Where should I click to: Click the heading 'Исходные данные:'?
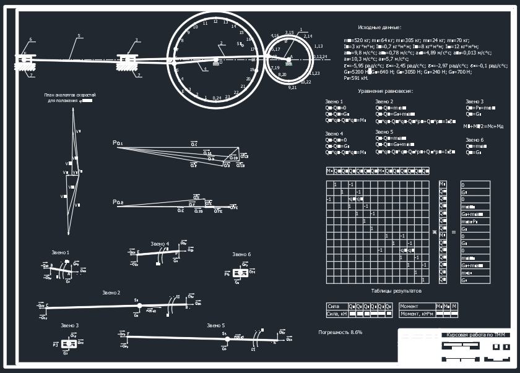point(379,28)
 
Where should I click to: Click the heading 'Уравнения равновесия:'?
point(386,91)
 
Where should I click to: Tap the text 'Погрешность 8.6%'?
point(340,333)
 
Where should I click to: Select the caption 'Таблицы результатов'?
point(396,291)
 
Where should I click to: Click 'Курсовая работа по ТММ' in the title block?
point(475,335)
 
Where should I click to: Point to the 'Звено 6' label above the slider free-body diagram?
point(241,254)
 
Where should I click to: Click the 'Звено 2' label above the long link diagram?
point(111,292)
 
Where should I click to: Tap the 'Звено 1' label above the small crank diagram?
point(60,252)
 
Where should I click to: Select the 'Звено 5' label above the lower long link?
point(215,325)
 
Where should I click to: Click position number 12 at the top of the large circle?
point(215,22)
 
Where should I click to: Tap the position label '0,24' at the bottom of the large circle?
point(217,98)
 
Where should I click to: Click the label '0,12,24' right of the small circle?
point(320,57)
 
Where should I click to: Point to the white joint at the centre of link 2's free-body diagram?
point(139,306)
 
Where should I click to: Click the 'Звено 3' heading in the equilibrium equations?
point(474,101)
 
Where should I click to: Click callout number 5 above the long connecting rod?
point(79,36)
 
